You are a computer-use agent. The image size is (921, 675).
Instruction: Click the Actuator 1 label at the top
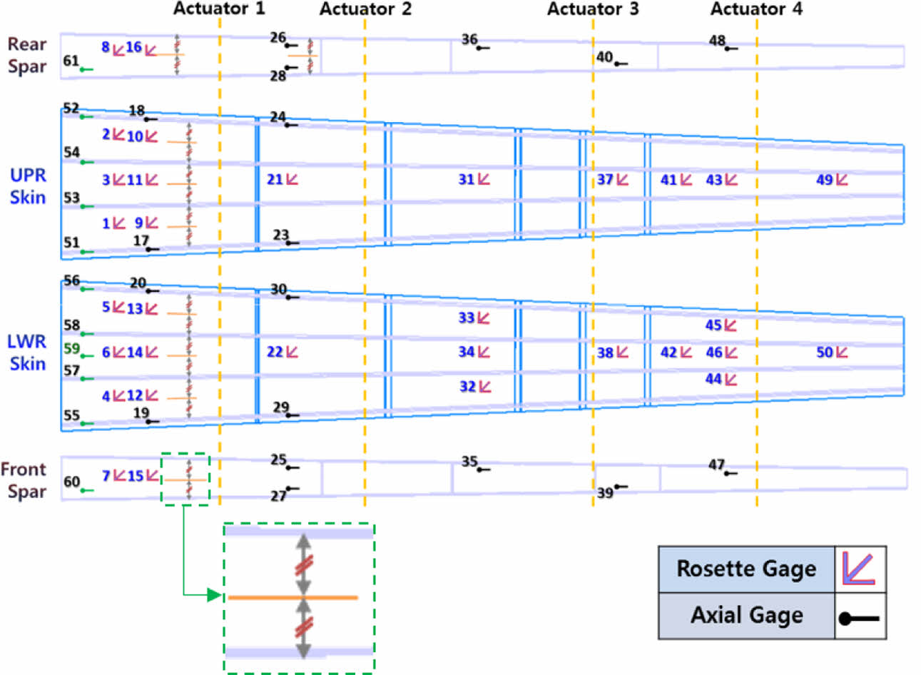click(x=219, y=9)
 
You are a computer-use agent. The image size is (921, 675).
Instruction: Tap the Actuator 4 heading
click(x=756, y=9)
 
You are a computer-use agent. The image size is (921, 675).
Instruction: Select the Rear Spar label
click(x=27, y=55)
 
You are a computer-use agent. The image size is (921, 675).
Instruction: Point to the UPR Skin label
click(x=28, y=186)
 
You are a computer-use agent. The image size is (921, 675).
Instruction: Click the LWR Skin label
click(x=27, y=352)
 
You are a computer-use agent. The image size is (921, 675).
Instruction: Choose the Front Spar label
click(x=24, y=480)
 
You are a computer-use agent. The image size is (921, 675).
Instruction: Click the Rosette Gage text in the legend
click(x=746, y=569)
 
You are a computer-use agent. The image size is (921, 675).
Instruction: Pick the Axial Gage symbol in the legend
click(x=860, y=618)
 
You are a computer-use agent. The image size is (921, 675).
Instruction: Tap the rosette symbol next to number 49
click(x=842, y=180)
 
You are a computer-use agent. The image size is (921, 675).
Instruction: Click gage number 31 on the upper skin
click(x=466, y=180)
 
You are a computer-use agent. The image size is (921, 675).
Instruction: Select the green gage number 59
click(x=71, y=349)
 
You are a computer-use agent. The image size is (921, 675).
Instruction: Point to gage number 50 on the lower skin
click(x=825, y=352)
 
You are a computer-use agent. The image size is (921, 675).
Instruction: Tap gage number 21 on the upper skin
click(x=275, y=180)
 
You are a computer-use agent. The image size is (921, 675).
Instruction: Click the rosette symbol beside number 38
click(x=623, y=352)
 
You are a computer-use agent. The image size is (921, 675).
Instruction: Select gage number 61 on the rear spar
click(x=71, y=61)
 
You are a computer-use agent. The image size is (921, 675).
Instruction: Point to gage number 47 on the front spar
click(x=716, y=465)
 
